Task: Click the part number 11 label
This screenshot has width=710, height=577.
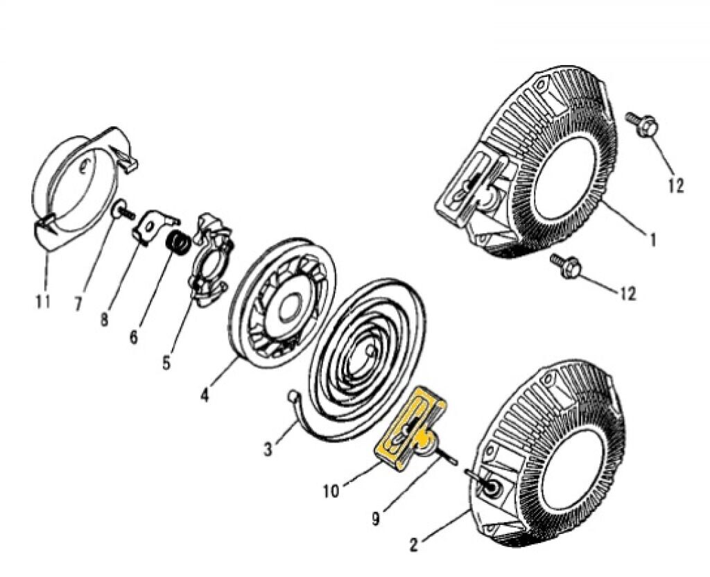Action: pos(43,302)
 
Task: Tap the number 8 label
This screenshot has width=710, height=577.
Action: pos(104,320)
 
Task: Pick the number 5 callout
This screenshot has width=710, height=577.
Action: pos(166,362)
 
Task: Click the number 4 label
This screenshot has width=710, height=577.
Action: pos(205,396)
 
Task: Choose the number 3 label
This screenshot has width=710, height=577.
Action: pos(268,449)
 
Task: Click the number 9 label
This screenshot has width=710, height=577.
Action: pos(376,518)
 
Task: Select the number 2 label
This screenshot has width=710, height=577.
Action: pos(414,545)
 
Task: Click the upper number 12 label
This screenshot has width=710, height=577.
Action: pos(676,185)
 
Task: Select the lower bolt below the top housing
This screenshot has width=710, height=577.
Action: pos(567,267)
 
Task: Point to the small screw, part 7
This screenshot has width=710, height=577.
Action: pos(122,210)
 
